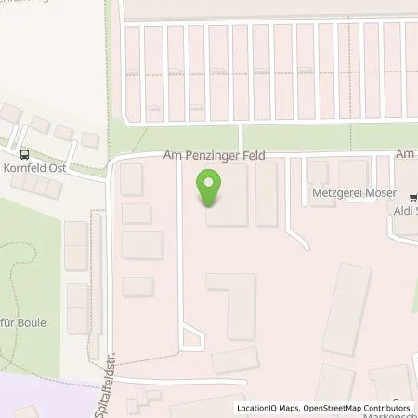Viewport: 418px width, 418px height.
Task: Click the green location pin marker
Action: pyautogui.click(x=211, y=188)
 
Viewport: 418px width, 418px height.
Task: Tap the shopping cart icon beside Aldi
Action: pyautogui.click(x=409, y=195)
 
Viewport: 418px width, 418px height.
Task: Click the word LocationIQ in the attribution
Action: pyautogui.click(x=255, y=408)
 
